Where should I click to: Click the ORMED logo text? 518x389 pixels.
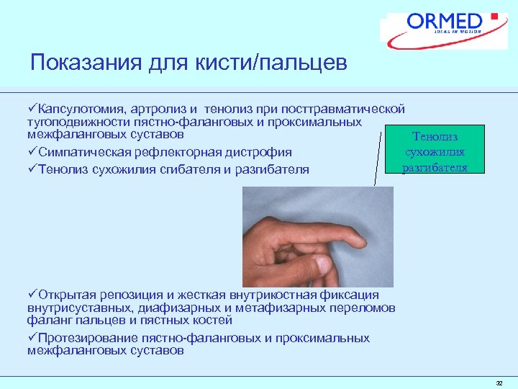click(x=445, y=21)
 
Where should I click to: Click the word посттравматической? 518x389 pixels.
click(x=344, y=109)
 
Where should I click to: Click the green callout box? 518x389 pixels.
click(x=434, y=151)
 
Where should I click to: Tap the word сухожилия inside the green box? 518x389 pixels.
click(x=435, y=152)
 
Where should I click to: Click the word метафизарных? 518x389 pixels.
click(x=293, y=308)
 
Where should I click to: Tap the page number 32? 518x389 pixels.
click(x=499, y=383)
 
